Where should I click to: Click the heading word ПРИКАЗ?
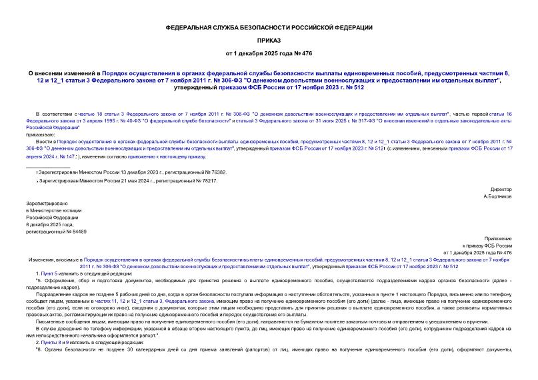tap(269, 39)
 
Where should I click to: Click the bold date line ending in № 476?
tap(269, 53)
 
